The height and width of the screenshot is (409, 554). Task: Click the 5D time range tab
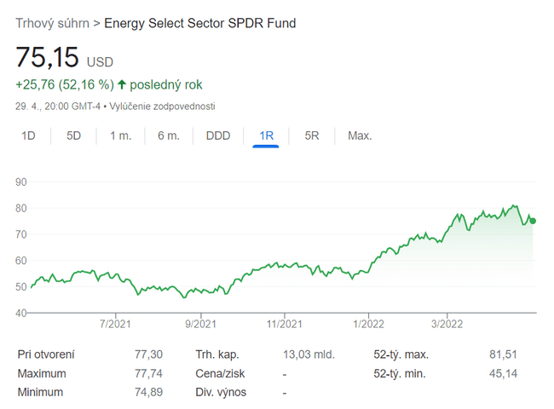(73, 135)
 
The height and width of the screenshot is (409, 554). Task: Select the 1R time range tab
(266, 135)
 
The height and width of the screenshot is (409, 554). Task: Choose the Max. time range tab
(360, 135)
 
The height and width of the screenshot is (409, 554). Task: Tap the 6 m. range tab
(169, 135)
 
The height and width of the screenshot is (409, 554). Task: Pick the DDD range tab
(218, 135)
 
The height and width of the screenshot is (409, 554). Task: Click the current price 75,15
(48, 58)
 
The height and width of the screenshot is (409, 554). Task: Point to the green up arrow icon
(122, 84)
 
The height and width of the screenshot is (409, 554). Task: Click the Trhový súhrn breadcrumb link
(52, 23)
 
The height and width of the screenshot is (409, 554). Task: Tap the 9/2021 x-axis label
(199, 324)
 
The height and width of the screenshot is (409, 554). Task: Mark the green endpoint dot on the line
(533, 221)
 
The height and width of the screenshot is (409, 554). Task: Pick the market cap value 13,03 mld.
(309, 354)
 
